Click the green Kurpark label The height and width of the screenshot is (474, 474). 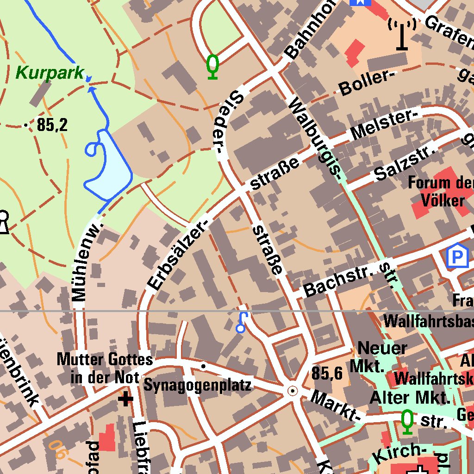pyautogui.click(x=50, y=73)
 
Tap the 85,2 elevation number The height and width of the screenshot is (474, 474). pyautogui.click(x=52, y=125)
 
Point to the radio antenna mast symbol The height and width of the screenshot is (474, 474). pyautogui.click(x=402, y=33)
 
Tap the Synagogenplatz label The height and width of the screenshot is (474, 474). pyautogui.click(x=198, y=385)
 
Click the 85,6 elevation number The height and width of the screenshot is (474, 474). pyautogui.click(x=327, y=373)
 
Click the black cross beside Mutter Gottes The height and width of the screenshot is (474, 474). pyautogui.click(x=125, y=399)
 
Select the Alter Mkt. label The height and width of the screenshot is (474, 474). pyautogui.click(x=410, y=398)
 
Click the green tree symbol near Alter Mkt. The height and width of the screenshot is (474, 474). pyautogui.click(x=407, y=422)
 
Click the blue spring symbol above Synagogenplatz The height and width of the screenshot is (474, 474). pyautogui.click(x=242, y=323)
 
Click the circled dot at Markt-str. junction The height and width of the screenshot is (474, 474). pyautogui.click(x=293, y=391)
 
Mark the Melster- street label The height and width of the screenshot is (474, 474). pyautogui.click(x=384, y=124)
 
